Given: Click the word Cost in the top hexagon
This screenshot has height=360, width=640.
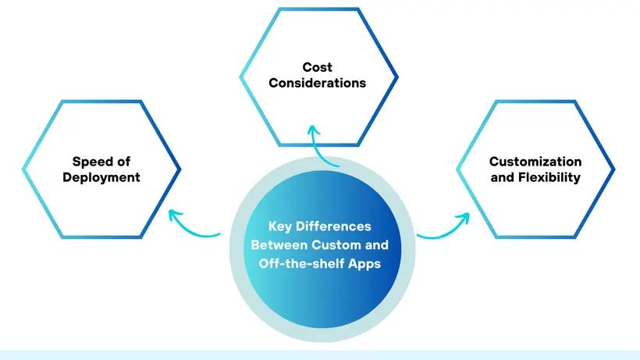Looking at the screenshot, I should point(318,68).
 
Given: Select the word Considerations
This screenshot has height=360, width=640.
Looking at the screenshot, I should point(318,83).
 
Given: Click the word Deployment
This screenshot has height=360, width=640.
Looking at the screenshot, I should point(106,177).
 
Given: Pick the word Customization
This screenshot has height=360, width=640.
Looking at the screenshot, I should point(535,162).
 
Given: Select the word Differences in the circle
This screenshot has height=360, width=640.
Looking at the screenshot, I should point(333,227).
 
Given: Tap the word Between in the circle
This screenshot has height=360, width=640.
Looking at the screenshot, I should point(275,245).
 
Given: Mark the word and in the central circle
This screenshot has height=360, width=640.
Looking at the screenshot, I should point(378,245).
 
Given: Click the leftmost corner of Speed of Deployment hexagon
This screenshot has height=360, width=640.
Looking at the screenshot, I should point(23,169).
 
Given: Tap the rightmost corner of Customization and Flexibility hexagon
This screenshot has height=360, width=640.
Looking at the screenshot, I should point(615,169).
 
